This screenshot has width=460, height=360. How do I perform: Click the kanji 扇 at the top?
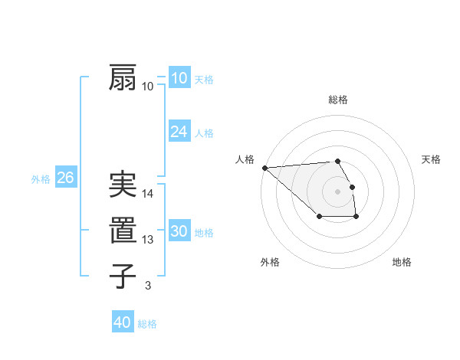click(123, 78)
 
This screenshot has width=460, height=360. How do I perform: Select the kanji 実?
click(123, 185)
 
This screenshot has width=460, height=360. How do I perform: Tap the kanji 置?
click(123, 231)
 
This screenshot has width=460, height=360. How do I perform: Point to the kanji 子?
click(123, 276)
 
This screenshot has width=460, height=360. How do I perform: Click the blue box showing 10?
click(179, 78)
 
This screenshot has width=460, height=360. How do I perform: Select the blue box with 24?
click(179, 132)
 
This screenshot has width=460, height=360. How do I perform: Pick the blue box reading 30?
click(179, 231)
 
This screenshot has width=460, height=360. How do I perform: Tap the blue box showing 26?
click(65, 178)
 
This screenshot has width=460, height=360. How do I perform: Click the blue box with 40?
click(123, 322)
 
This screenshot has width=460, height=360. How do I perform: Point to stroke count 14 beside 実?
click(149, 194)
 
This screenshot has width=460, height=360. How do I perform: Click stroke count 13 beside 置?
click(149, 240)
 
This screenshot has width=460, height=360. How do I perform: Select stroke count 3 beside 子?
click(148, 286)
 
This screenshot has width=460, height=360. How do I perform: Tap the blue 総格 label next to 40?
click(147, 324)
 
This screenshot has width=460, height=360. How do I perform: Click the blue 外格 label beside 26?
click(41, 179)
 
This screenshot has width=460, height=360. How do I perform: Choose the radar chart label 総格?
click(337, 100)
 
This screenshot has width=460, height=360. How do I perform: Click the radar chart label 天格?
click(431, 159)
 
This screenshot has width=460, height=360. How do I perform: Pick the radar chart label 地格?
click(402, 262)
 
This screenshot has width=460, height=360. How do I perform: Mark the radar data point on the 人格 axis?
click(264, 168)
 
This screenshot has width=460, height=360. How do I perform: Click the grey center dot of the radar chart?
click(337, 191)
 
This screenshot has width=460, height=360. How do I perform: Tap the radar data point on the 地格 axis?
click(356, 218)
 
